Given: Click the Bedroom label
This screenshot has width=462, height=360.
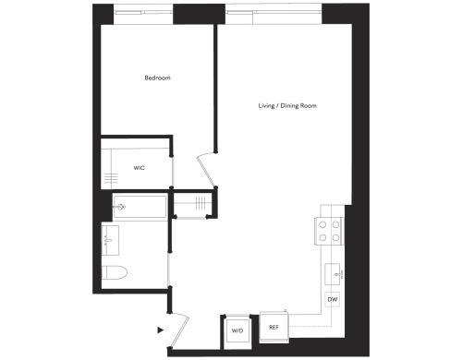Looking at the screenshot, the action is click(157, 78).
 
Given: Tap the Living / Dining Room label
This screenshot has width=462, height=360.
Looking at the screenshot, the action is click(287, 105).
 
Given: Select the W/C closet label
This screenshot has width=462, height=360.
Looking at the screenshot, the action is click(140, 168).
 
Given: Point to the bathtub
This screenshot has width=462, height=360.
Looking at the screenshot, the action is click(140, 207).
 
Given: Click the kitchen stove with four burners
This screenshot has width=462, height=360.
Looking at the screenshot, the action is click(331, 230).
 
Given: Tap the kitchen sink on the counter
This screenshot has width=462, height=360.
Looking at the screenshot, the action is click(334, 273).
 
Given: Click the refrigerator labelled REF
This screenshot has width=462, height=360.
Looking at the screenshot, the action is click(274, 325).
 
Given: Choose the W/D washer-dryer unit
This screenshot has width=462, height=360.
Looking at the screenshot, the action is click(236, 330).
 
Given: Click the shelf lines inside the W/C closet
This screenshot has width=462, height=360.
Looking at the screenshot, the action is click(111, 178).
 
